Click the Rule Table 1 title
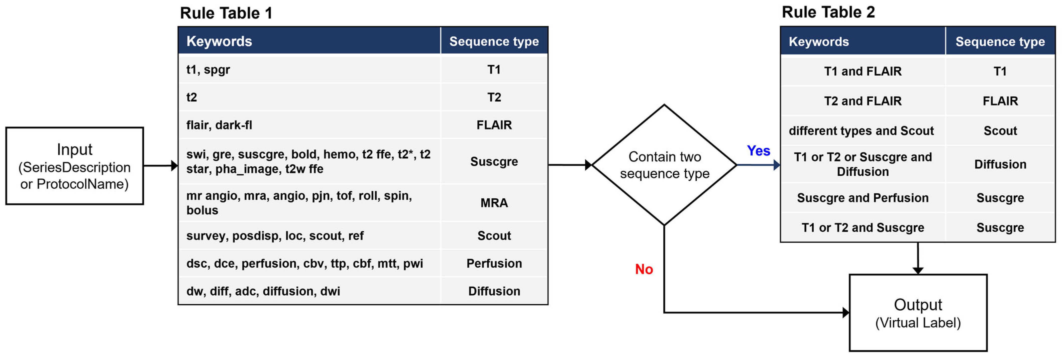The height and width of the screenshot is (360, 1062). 226,13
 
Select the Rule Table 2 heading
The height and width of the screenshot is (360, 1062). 828,12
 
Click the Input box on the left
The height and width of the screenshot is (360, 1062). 75,166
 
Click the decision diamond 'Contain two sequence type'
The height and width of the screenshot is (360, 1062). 664,165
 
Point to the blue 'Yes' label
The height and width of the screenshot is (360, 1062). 758,151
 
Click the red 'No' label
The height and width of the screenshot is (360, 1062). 643,269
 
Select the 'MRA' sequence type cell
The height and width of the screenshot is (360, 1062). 494,203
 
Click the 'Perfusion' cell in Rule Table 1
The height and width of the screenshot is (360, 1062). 494,263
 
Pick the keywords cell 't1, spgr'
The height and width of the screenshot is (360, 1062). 208,70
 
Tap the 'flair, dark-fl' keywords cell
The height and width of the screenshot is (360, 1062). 219,125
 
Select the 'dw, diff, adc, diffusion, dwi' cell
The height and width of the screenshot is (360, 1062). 263,291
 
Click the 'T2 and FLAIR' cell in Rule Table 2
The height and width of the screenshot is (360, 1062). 862,101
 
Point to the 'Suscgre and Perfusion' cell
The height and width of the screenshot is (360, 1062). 862,198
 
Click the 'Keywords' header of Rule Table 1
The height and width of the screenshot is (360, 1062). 219,41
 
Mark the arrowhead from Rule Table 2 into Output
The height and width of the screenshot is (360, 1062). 918,270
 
